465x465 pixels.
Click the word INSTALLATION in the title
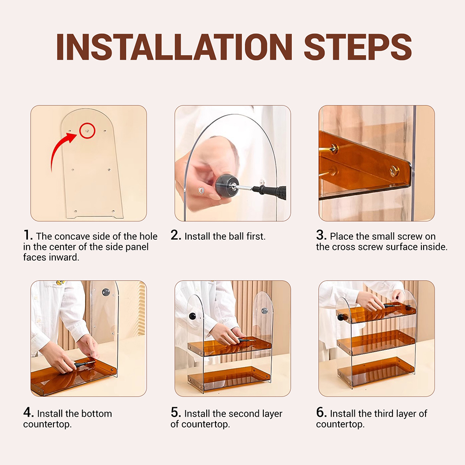[174, 47]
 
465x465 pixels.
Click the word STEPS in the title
[358, 47]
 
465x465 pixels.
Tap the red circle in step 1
[87, 131]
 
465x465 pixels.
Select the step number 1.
[28, 236]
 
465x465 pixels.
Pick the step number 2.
[176, 236]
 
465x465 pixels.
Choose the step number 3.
[321, 236]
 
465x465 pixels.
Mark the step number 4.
[28, 413]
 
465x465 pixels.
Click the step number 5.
[176, 413]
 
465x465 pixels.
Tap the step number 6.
[321, 413]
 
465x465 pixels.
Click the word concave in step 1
[72, 236]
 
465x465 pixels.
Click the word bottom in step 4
[96, 413]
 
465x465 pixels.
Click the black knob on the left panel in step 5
[193, 316]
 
